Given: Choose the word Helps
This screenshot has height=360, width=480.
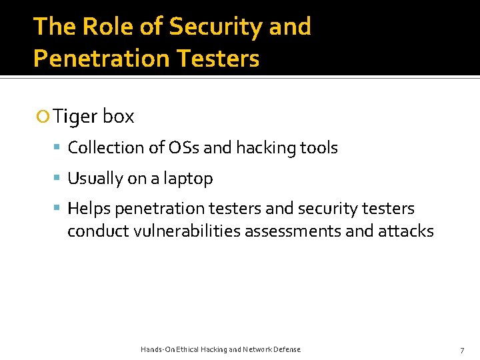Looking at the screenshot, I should pos(89,209).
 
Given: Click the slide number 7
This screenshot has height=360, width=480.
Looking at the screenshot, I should pos(462,350).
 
